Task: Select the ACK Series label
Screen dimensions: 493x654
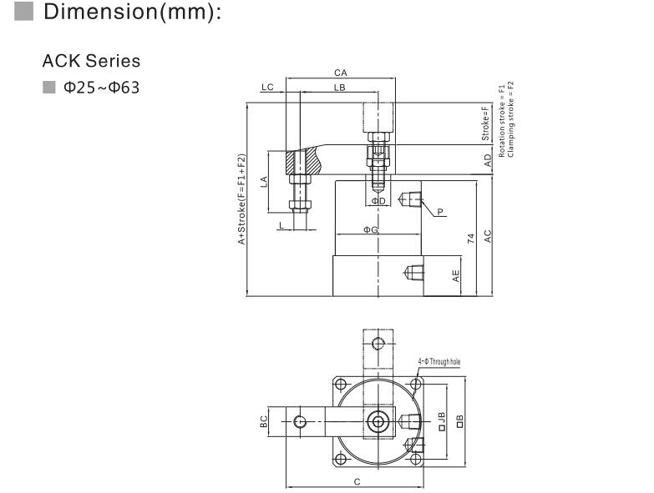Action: tap(91, 62)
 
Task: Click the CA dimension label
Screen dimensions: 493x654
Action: tap(340, 73)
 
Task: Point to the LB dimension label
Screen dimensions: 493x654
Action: tap(339, 88)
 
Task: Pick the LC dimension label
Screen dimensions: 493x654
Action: tap(267, 87)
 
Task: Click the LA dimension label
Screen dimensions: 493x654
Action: tap(264, 181)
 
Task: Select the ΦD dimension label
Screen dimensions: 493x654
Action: tap(378, 201)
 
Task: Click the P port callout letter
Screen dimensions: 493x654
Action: tap(439, 213)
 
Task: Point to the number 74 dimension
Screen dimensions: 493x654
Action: tap(471, 239)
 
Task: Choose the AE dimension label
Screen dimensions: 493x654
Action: tap(456, 276)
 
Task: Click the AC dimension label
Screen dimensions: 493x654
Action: tap(488, 237)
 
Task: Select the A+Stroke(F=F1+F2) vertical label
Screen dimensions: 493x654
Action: tap(241, 200)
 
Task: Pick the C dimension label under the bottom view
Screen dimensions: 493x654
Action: tap(357, 482)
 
